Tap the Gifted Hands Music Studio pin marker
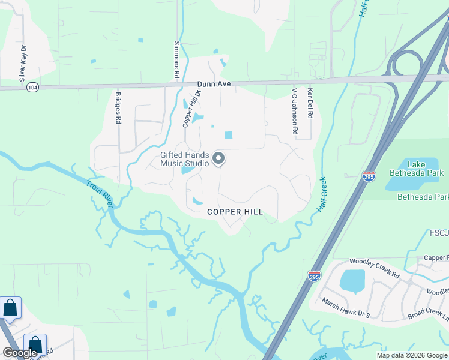click(x=218, y=158)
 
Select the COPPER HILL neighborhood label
click(x=235, y=212)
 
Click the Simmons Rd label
click(x=177, y=60)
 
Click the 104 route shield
click(x=32, y=88)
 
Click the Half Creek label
click(x=322, y=193)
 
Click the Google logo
click(x=19, y=353)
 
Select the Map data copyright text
click(x=412, y=355)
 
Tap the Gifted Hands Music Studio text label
click(x=185, y=159)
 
